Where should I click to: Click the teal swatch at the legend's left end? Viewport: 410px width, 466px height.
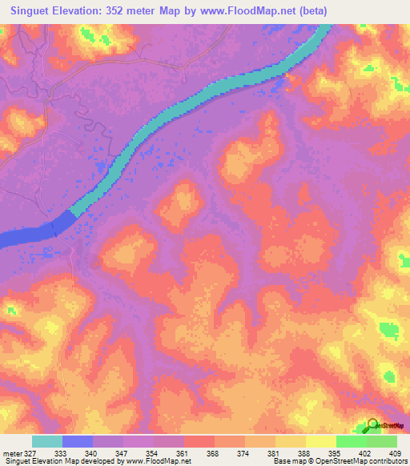coord(47,441)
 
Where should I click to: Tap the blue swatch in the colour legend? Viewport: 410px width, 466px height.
coord(78,441)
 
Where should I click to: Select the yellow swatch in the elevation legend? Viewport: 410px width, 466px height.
coord(320,441)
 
